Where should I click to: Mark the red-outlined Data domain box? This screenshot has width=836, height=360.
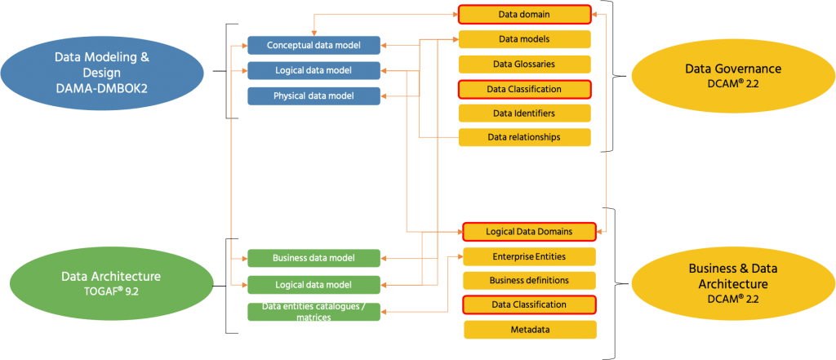tap(523, 15)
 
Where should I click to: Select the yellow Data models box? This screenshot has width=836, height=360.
tap(523, 39)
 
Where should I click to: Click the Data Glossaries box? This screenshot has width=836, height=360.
tap(523, 64)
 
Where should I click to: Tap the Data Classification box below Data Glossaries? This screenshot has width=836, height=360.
tap(523, 88)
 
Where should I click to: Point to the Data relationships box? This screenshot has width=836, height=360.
tap(523, 137)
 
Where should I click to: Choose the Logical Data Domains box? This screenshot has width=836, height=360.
tap(529, 232)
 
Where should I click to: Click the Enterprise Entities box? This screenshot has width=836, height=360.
tap(529, 256)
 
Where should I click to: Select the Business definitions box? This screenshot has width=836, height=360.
tap(529, 281)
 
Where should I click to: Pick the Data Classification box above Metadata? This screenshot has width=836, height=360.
tap(529, 304)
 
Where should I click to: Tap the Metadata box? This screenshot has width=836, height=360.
tap(529, 330)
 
